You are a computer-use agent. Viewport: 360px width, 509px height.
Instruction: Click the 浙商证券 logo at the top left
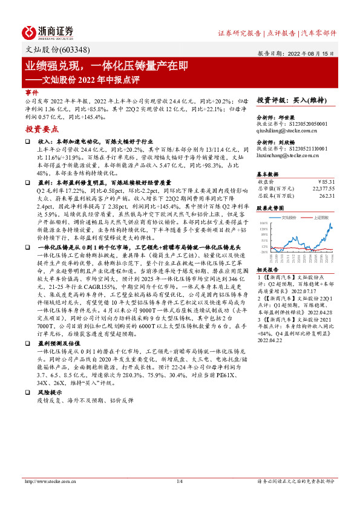(x=48, y=31)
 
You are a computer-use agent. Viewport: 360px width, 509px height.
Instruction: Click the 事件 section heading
(x=31, y=92)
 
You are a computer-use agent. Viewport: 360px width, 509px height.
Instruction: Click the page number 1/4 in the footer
(x=179, y=498)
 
